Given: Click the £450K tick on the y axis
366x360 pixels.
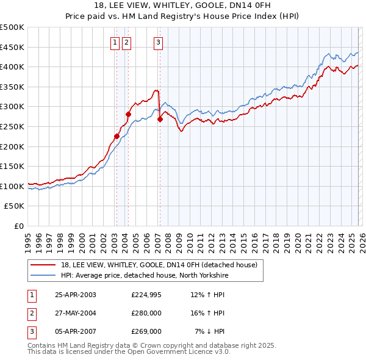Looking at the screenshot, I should pyautogui.click(x=12, y=47).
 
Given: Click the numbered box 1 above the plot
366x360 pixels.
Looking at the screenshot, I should pyautogui.click(x=115, y=42).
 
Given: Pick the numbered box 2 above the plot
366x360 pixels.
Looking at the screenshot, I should pyautogui.click(x=126, y=42).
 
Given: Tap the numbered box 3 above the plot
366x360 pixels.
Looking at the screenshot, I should pyautogui.click(x=158, y=42).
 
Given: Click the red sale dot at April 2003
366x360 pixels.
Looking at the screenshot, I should pyautogui.click(x=117, y=137).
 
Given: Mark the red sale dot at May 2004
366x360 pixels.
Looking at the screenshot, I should pyautogui.click(x=129, y=114).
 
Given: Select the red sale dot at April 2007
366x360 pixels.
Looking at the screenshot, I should pyautogui.click(x=160, y=119).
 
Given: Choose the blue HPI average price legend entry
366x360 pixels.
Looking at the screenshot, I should pyautogui.click(x=143, y=275).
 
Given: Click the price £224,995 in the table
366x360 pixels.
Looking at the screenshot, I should pyautogui.click(x=146, y=295).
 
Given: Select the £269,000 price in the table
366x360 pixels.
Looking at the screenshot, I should pyautogui.click(x=146, y=331).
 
